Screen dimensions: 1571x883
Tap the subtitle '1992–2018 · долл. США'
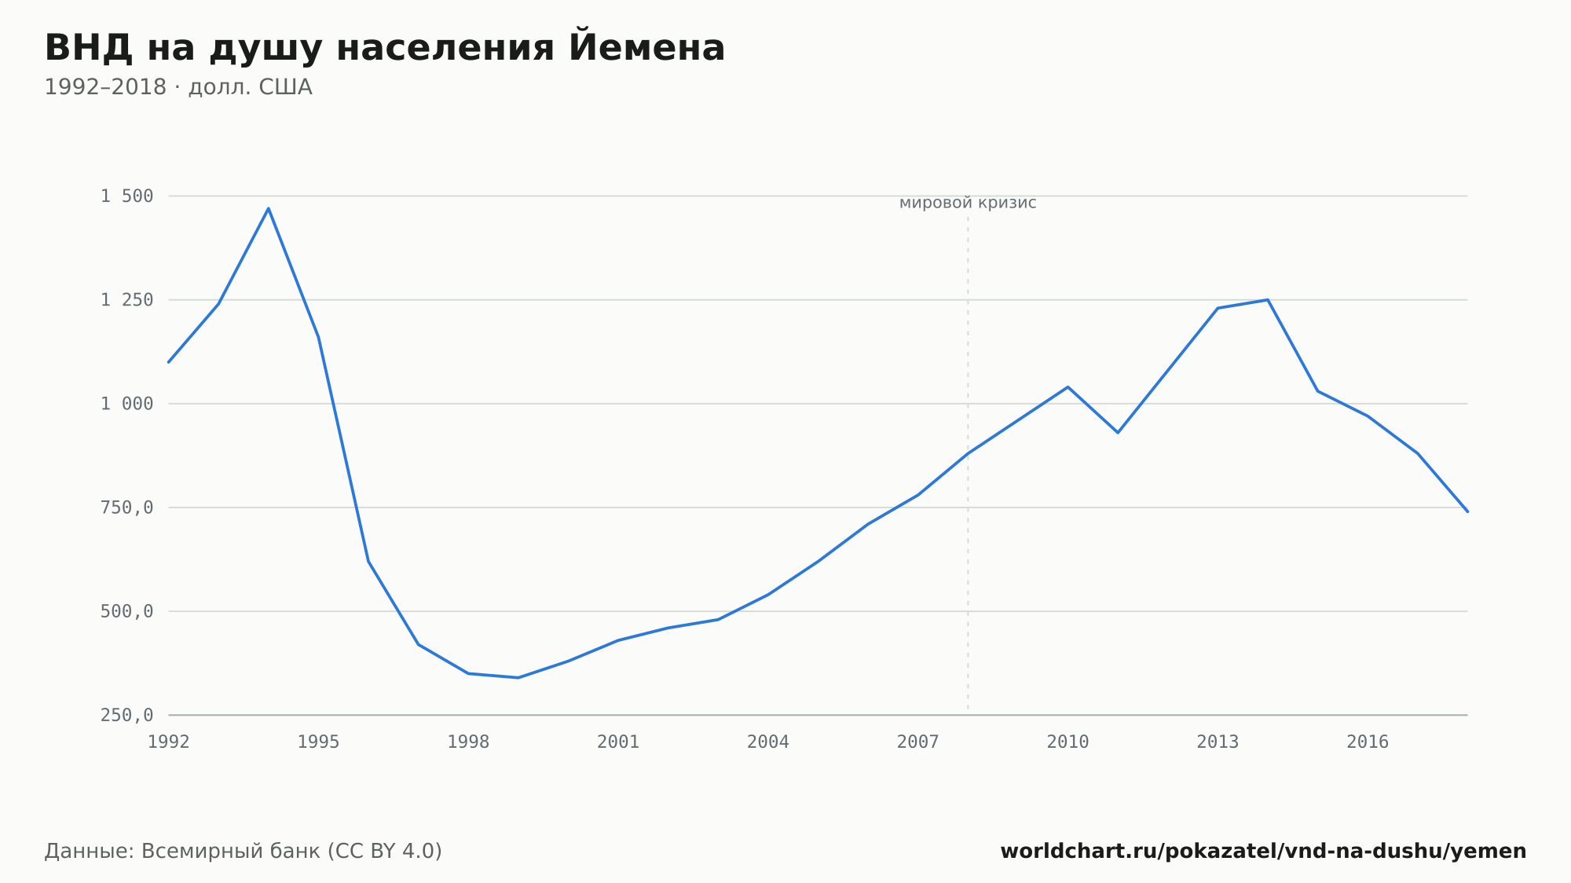(x=178, y=87)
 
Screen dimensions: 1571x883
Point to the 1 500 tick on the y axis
(x=127, y=196)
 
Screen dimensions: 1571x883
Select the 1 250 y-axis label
(x=127, y=300)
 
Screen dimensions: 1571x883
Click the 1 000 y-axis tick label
(x=127, y=404)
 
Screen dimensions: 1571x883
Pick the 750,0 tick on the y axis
(x=127, y=507)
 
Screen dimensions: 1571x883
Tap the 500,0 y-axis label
(x=127, y=611)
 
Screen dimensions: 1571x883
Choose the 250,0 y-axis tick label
(x=127, y=715)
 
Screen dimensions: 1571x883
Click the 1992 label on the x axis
(x=169, y=742)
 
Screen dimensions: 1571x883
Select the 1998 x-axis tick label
(x=468, y=742)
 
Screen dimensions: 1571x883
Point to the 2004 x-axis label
(x=768, y=742)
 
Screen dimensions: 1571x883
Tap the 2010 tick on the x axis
(x=1068, y=742)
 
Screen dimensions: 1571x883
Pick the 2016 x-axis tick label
(x=1368, y=742)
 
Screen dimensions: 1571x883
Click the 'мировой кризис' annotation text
(x=968, y=203)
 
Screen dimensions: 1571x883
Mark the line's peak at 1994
(x=269, y=208)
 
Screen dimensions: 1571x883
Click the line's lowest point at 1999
(x=518, y=677)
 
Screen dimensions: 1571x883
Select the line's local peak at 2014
(x=1268, y=300)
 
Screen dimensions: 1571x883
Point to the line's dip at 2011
(x=1118, y=433)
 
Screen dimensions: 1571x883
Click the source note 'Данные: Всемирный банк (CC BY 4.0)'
(x=244, y=852)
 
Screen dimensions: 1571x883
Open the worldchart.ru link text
(x=1263, y=852)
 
